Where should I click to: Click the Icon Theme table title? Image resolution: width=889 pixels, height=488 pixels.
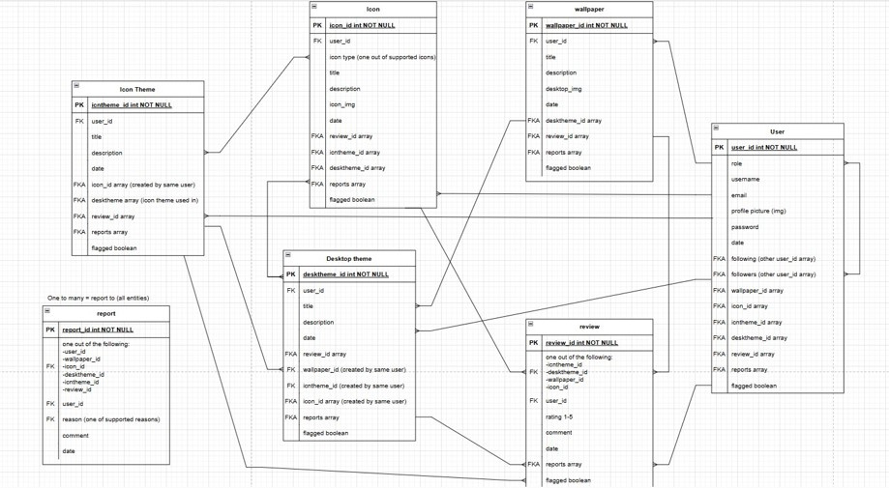(137, 89)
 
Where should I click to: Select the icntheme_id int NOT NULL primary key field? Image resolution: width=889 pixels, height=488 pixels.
(132, 104)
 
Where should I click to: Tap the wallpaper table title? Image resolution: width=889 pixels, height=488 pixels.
(589, 9)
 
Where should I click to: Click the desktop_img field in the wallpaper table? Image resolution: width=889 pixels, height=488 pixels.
(563, 89)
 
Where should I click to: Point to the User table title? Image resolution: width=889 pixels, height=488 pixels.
(777, 131)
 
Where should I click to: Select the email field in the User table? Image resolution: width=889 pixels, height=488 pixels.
(739, 195)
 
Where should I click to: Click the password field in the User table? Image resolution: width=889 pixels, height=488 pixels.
(745, 227)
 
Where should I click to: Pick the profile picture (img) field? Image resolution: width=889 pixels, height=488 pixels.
(758, 211)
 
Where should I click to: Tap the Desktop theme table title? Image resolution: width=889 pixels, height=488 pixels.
(349, 258)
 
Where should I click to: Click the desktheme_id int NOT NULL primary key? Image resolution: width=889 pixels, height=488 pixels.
(345, 274)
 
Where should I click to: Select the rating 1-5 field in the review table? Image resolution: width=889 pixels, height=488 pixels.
(560, 416)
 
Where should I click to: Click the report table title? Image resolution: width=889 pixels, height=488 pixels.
(105, 313)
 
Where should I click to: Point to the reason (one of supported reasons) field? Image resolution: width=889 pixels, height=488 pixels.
(111, 419)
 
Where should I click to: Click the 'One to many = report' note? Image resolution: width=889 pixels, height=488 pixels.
(98, 298)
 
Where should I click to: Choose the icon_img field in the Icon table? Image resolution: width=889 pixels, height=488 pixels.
(342, 104)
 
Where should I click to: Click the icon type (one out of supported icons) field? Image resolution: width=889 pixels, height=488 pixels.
(382, 57)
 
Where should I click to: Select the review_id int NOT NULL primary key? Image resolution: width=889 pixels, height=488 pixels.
(581, 343)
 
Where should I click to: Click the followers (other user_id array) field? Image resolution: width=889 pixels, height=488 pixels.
(773, 274)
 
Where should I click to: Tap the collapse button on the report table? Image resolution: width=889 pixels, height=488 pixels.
(47, 311)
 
